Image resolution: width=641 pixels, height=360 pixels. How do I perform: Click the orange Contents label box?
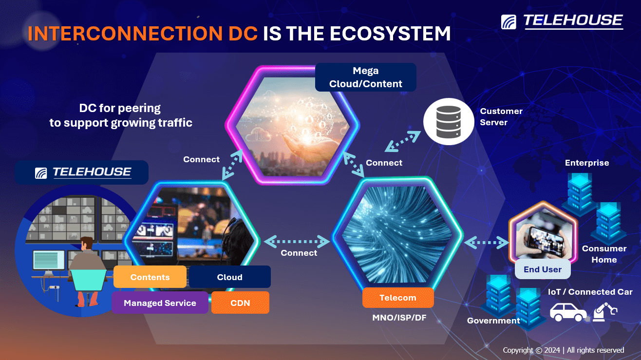point(150,277)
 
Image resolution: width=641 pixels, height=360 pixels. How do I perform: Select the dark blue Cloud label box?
point(230,277)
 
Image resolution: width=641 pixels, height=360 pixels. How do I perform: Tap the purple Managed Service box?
point(160,303)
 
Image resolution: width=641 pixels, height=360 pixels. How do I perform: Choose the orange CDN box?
point(241,303)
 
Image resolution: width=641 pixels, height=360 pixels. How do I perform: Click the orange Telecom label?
point(398,298)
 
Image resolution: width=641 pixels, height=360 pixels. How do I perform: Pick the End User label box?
point(543,269)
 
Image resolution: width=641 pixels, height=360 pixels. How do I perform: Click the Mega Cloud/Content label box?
point(366,77)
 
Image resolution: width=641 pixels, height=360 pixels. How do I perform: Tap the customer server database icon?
point(449,122)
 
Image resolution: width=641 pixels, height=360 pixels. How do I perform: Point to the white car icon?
point(568,312)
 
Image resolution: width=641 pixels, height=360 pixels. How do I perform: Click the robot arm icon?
point(604,312)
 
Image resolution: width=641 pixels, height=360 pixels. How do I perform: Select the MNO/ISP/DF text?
point(399,318)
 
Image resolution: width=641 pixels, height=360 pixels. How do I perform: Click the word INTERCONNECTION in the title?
point(125,34)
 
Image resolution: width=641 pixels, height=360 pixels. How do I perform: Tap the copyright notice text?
point(564,350)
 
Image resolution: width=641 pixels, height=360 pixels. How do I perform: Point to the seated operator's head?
point(86,243)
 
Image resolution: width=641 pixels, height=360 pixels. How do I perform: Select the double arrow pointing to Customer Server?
point(403,141)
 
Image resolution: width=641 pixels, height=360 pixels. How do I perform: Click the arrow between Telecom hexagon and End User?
point(487,243)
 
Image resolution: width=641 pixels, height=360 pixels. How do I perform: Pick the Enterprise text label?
point(587,163)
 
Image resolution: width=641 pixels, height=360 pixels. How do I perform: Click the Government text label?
point(493,321)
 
